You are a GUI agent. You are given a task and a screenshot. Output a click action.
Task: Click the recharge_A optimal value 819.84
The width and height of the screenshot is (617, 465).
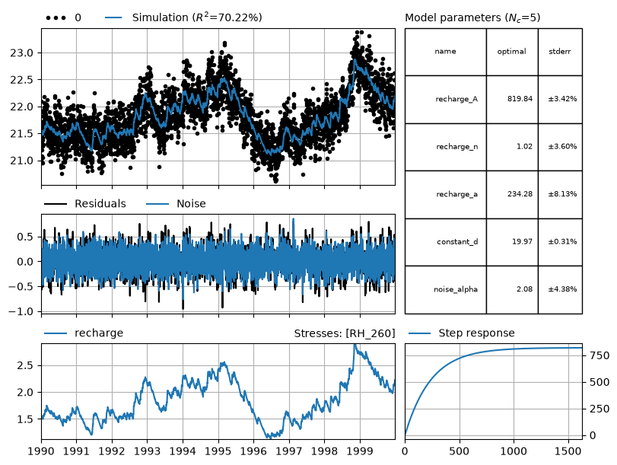point(520,99)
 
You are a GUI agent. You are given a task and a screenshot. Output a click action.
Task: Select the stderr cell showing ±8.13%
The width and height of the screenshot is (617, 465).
point(562,194)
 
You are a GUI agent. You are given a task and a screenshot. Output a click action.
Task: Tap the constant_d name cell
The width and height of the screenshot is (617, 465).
point(457,241)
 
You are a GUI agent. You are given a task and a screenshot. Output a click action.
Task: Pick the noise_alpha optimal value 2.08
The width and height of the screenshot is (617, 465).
point(524,289)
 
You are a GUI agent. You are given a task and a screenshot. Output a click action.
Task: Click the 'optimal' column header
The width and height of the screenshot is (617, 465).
point(511,52)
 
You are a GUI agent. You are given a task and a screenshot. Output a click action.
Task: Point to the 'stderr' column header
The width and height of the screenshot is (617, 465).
point(559,52)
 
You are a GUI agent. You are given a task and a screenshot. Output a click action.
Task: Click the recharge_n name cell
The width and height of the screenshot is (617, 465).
point(456,146)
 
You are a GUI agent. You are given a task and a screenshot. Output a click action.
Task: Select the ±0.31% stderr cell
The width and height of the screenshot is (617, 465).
point(562,241)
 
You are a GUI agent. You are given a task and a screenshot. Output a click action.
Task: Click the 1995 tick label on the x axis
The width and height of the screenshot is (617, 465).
point(218,451)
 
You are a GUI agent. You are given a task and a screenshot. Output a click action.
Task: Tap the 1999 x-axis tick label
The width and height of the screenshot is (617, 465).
point(360,451)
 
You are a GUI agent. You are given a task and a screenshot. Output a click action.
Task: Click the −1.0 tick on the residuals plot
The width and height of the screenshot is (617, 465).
point(22,311)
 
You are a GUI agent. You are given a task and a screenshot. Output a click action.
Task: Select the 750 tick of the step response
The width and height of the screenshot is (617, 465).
point(599,355)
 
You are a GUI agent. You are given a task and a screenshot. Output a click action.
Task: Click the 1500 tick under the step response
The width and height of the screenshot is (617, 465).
point(568,451)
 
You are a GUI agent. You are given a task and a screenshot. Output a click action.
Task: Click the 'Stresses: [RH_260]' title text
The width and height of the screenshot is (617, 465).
point(345,333)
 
